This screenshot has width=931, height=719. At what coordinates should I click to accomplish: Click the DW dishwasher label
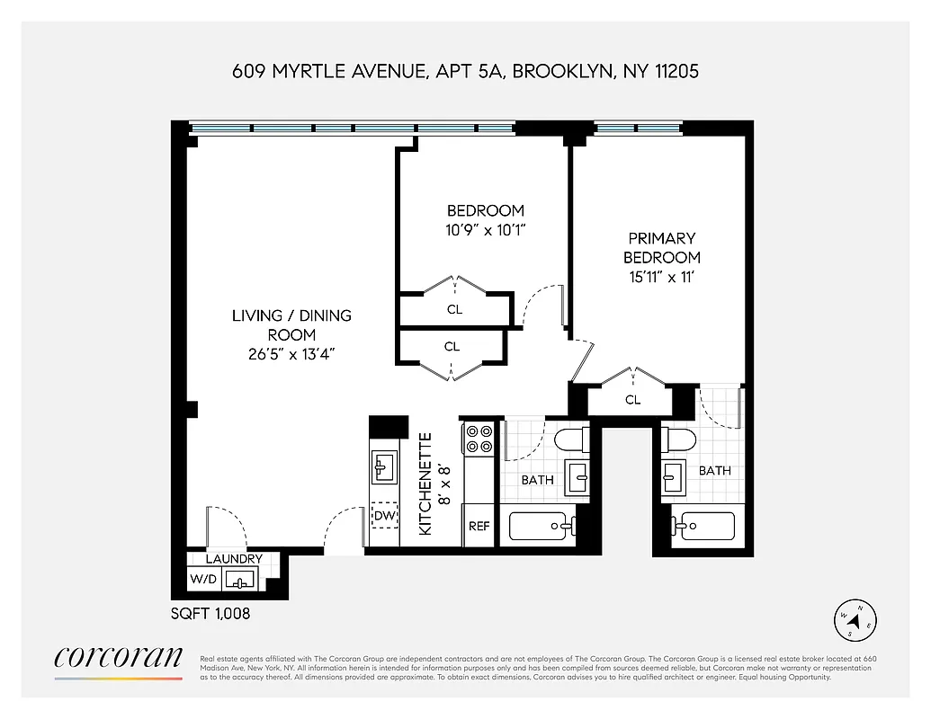(385, 516)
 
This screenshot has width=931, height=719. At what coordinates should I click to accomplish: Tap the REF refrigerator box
(478, 526)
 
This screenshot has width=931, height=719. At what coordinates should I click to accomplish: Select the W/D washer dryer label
(202, 580)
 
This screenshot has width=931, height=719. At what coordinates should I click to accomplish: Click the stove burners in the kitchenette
(478, 438)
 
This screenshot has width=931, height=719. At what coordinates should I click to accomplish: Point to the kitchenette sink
(383, 467)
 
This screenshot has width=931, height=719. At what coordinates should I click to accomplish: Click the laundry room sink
(239, 580)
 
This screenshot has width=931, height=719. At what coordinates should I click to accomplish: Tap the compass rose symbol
(857, 617)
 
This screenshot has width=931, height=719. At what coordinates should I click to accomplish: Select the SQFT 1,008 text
(210, 615)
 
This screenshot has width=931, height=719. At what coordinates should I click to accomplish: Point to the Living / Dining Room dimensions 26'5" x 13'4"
(291, 354)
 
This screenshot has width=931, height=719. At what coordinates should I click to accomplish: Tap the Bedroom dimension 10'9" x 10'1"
(485, 230)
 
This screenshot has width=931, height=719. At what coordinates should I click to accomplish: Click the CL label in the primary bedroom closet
(632, 400)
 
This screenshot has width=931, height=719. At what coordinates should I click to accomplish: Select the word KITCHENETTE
(426, 484)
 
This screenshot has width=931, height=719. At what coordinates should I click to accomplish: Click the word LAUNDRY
(234, 559)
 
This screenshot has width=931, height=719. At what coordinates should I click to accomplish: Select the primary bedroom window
(636, 129)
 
